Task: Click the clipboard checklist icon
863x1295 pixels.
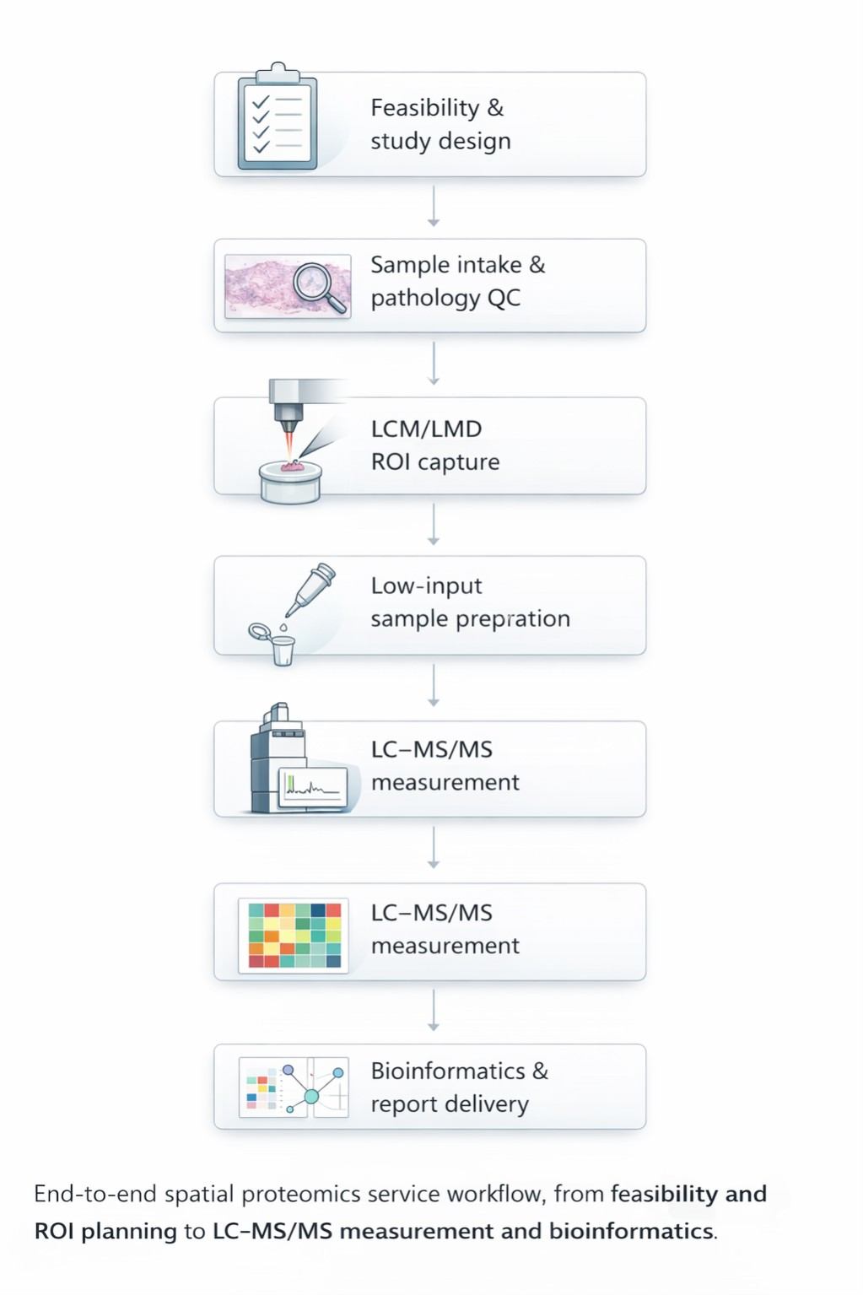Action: [278, 118]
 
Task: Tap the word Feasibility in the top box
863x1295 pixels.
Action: [425, 108]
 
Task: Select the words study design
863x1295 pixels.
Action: [440, 141]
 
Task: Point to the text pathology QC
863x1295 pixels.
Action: [445, 298]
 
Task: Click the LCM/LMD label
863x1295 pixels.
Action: [426, 429]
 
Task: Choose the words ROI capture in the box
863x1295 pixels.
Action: [435, 462]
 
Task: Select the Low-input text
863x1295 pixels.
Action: [426, 585]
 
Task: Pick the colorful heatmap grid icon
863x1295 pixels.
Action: [294, 934]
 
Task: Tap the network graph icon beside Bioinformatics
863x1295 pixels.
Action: [312, 1089]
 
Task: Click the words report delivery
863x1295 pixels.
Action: [450, 1104]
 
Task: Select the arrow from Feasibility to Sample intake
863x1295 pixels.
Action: [434, 207]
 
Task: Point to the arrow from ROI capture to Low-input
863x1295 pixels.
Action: [434, 524]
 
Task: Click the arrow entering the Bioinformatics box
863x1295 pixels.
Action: [434, 1011]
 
